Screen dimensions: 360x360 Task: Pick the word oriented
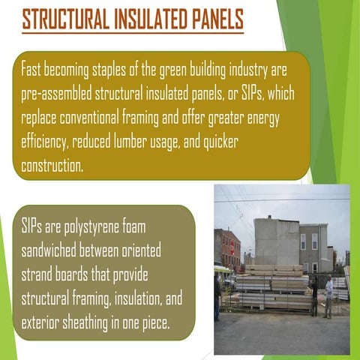pyautogui.click(x=138, y=249)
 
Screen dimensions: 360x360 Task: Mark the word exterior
pyautogui.click(x=40, y=322)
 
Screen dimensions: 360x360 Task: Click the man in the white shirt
pyautogui.click(x=328, y=294)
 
